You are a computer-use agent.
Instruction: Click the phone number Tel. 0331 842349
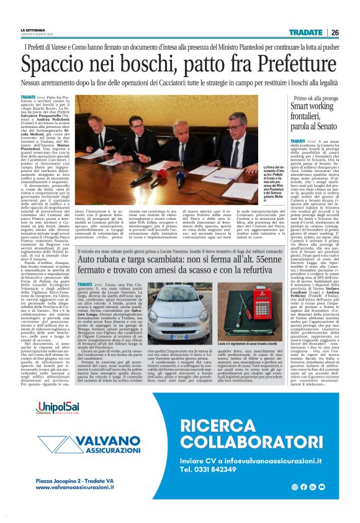216,470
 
